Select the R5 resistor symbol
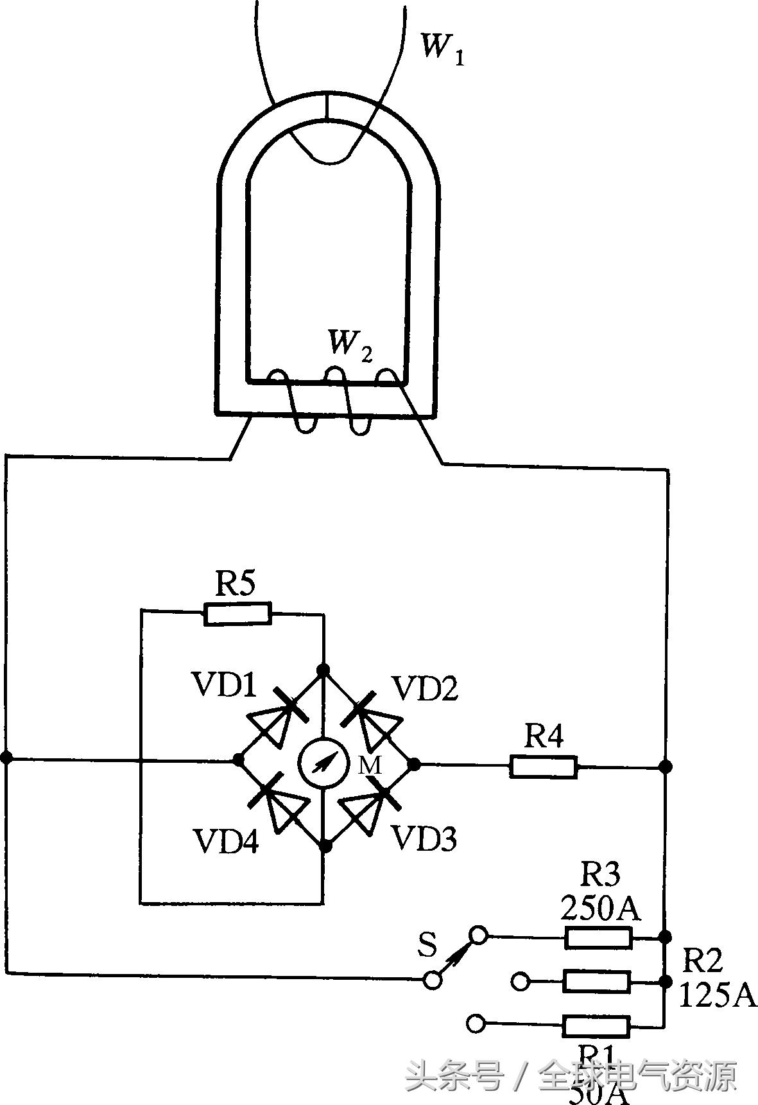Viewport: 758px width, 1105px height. (237, 614)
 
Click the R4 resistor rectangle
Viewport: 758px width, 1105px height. (544, 767)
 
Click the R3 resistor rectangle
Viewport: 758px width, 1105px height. (598, 938)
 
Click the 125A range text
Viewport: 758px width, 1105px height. (717, 996)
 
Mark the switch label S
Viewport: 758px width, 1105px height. (427, 944)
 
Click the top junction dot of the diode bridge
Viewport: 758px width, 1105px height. (323, 670)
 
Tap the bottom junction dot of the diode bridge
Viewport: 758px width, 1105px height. (325, 847)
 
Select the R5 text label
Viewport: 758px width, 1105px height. (235, 584)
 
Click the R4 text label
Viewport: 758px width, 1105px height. (544, 736)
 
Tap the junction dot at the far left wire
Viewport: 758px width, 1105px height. (6, 758)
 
